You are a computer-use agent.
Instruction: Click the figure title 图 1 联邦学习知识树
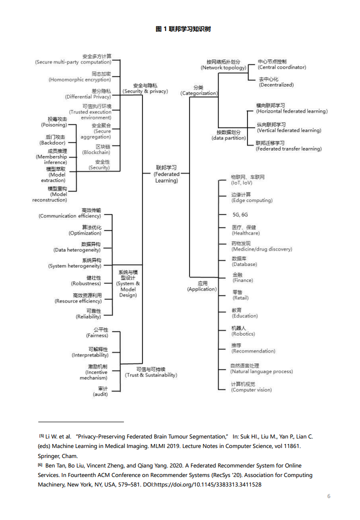pos(183,29)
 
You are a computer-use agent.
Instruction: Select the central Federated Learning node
pos(166,174)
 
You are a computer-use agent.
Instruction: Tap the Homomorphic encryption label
pos(79,76)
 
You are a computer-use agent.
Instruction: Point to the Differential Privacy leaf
pos(88,94)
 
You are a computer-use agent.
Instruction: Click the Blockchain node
pos(96,149)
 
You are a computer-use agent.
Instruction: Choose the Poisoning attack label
pos(54,122)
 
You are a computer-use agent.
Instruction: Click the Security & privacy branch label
pos(145,88)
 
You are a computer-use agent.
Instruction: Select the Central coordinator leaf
pos(282,64)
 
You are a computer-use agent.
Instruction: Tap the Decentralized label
pos(276,82)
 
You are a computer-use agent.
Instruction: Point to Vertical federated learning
pos(288,127)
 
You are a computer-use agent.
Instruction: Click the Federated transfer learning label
pos(288,146)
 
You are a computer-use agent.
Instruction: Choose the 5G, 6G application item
pos(240,214)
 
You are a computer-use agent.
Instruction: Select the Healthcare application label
pos(245,230)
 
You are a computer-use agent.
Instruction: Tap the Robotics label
pos(243,331)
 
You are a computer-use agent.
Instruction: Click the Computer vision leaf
pos(251,387)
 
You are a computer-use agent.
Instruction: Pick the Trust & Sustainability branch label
pos(150,372)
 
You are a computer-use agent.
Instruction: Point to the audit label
pos(100,391)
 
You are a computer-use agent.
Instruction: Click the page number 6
pos(328,496)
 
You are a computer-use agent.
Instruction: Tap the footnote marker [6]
pos(40,464)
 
